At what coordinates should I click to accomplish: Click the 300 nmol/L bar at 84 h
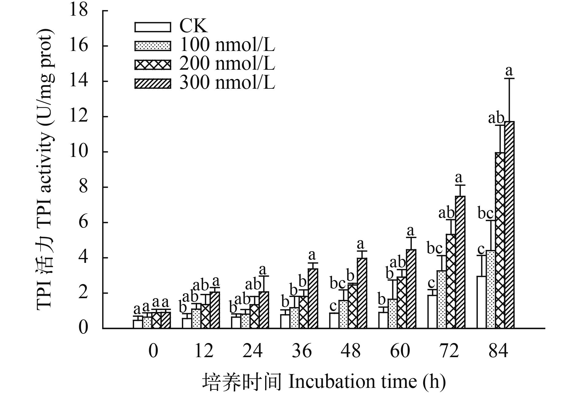tap(509, 225)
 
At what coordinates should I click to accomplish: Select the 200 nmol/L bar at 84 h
tap(500, 240)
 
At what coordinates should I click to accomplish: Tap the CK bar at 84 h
tap(481, 302)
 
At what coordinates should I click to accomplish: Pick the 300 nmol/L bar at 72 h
tap(460, 262)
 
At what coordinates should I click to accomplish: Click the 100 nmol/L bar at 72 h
tap(442, 299)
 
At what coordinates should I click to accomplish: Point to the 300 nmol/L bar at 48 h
tap(362, 293)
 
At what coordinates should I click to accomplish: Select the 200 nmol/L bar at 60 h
tap(402, 302)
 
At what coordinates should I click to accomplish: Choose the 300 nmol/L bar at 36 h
tap(313, 298)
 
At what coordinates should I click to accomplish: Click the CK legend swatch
tap(153, 27)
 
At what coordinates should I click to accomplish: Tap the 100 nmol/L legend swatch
tap(153, 45)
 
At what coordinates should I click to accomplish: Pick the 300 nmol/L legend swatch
tap(153, 83)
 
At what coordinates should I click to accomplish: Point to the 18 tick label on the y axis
tap(79, 10)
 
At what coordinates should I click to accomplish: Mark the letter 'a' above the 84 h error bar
tap(509, 71)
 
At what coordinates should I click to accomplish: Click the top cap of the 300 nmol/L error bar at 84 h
tap(509, 79)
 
